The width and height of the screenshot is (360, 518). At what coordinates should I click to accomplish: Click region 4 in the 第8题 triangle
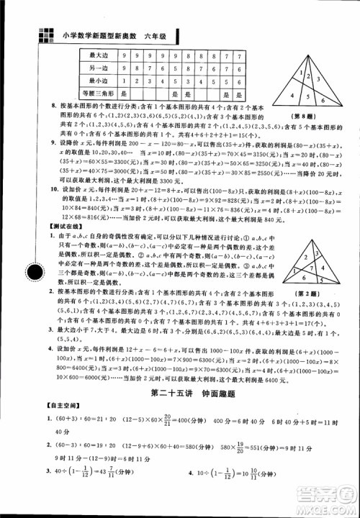pyautogui.click(x=291, y=94)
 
